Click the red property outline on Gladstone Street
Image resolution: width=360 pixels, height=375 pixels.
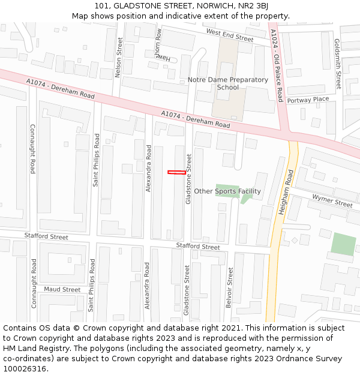tap(176, 173)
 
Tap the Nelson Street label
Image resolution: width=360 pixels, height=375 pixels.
tap(119, 58)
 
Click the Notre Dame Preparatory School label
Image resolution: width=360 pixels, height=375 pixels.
tap(228, 83)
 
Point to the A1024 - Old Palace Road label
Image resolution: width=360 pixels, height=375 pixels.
tap(277, 65)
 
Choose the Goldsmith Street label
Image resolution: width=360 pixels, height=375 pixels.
tap(338, 64)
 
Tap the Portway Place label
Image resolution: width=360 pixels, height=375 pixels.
tap(308, 100)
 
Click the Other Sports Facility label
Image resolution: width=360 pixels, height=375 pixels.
tap(227, 191)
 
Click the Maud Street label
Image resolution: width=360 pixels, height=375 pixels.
tap(62, 289)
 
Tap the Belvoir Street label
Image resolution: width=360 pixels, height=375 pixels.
tap(229, 288)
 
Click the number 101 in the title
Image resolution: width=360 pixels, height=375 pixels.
tap(101, 6)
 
